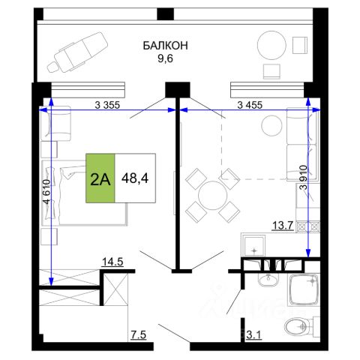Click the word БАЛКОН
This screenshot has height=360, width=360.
165,46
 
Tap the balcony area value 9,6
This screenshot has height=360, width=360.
165,58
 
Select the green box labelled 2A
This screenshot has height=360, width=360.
100,178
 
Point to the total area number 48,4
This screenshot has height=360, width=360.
135,178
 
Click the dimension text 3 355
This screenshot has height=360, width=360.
107,105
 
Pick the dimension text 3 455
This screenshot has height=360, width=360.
250,105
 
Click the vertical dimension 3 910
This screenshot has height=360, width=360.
303,177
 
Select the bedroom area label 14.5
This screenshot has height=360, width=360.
112,262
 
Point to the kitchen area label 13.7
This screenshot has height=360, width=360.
283,226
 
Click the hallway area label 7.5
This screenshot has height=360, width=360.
138,334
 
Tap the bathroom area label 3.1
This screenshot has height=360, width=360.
254,334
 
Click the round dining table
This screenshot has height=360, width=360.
212,195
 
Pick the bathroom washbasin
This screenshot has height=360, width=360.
268,280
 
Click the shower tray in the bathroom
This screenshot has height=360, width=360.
304,290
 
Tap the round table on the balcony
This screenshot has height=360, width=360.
271,45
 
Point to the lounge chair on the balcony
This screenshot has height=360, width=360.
78,52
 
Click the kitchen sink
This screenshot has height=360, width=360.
254,247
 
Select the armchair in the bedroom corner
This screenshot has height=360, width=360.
57,123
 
